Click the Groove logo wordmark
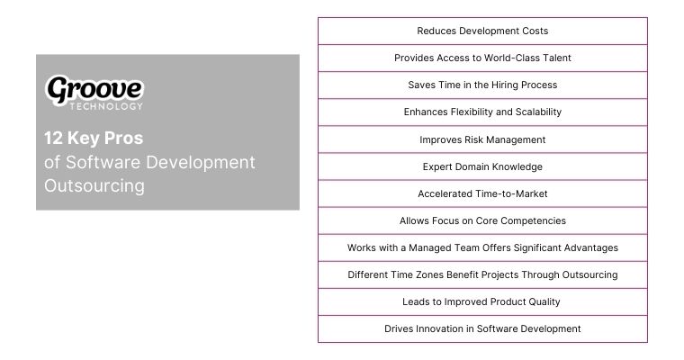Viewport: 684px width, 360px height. pos(94,88)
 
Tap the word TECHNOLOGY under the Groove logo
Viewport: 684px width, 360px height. pos(105,106)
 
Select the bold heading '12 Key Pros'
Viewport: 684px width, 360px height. pos(94,139)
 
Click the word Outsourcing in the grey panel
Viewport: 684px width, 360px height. pos(94,185)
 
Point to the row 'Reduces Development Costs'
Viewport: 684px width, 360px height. pos(482,31)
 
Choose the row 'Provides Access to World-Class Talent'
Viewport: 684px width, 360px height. pos(482,58)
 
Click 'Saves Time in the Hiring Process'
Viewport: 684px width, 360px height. pos(482,85)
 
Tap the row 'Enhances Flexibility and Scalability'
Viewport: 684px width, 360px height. pos(482,112)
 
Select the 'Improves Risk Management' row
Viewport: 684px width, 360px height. pos(482,139)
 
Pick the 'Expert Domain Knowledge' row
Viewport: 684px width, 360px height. pos(482,166)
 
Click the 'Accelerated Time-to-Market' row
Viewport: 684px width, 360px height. pos(482,193)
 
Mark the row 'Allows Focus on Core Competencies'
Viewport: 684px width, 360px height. pos(482,220)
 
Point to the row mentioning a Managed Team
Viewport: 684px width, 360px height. pos(482,247)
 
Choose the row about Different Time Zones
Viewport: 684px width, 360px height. pos(482,274)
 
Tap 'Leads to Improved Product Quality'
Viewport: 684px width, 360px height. pos(482,301)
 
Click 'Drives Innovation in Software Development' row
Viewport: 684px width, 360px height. pos(482,328)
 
